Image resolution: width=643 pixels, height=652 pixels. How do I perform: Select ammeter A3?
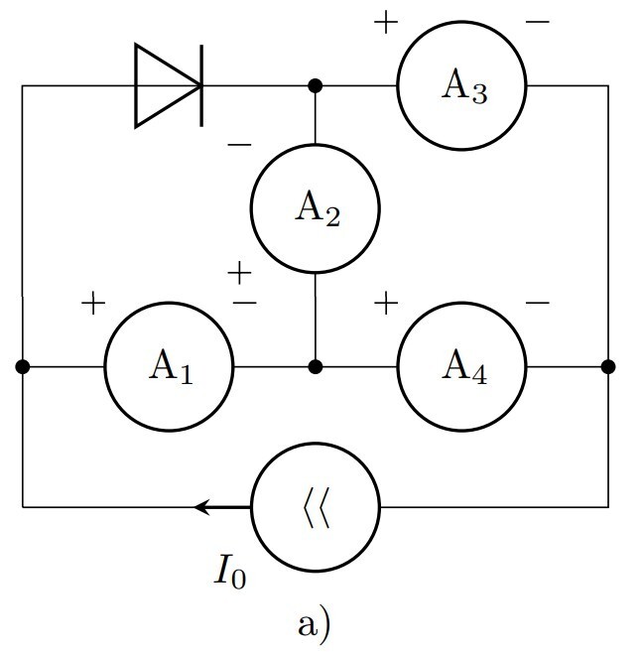point(462,85)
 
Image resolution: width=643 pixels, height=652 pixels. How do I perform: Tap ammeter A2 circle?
point(316,209)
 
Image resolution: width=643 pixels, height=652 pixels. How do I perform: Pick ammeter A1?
point(170,366)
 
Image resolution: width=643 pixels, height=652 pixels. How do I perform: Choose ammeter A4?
point(462,366)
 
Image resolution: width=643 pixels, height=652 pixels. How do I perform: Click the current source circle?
point(316,507)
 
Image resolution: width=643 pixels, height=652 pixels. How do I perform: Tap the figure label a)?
point(315,624)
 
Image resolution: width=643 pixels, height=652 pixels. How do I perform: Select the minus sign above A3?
point(537,22)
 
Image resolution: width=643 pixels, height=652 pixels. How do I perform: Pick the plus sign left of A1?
point(93,303)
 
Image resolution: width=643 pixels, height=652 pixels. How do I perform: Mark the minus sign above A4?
point(537,303)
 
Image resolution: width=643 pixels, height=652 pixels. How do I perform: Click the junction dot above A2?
point(316,85)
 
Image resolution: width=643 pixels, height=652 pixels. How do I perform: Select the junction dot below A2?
point(316,366)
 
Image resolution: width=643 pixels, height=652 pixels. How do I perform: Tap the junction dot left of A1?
point(23,366)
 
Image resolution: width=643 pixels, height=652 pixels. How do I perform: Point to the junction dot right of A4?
point(608,366)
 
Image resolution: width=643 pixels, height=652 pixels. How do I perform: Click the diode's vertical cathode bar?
point(202,85)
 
